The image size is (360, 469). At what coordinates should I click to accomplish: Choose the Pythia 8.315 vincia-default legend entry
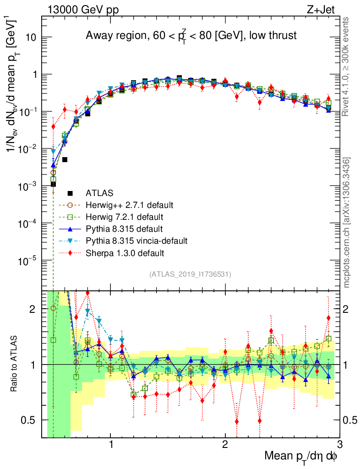tap(136, 240)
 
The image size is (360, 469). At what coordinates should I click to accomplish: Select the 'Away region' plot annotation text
tap(191, 36)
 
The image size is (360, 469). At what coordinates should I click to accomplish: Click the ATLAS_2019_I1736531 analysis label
tap(190, 274)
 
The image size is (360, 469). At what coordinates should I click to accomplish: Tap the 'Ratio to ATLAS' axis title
tap(15, 364)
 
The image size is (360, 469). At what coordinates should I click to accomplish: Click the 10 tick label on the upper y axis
tap(31, 38)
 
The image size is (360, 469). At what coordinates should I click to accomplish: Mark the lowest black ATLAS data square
tap(54, 184)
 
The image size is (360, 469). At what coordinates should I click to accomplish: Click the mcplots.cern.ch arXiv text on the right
tap(347, 223)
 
